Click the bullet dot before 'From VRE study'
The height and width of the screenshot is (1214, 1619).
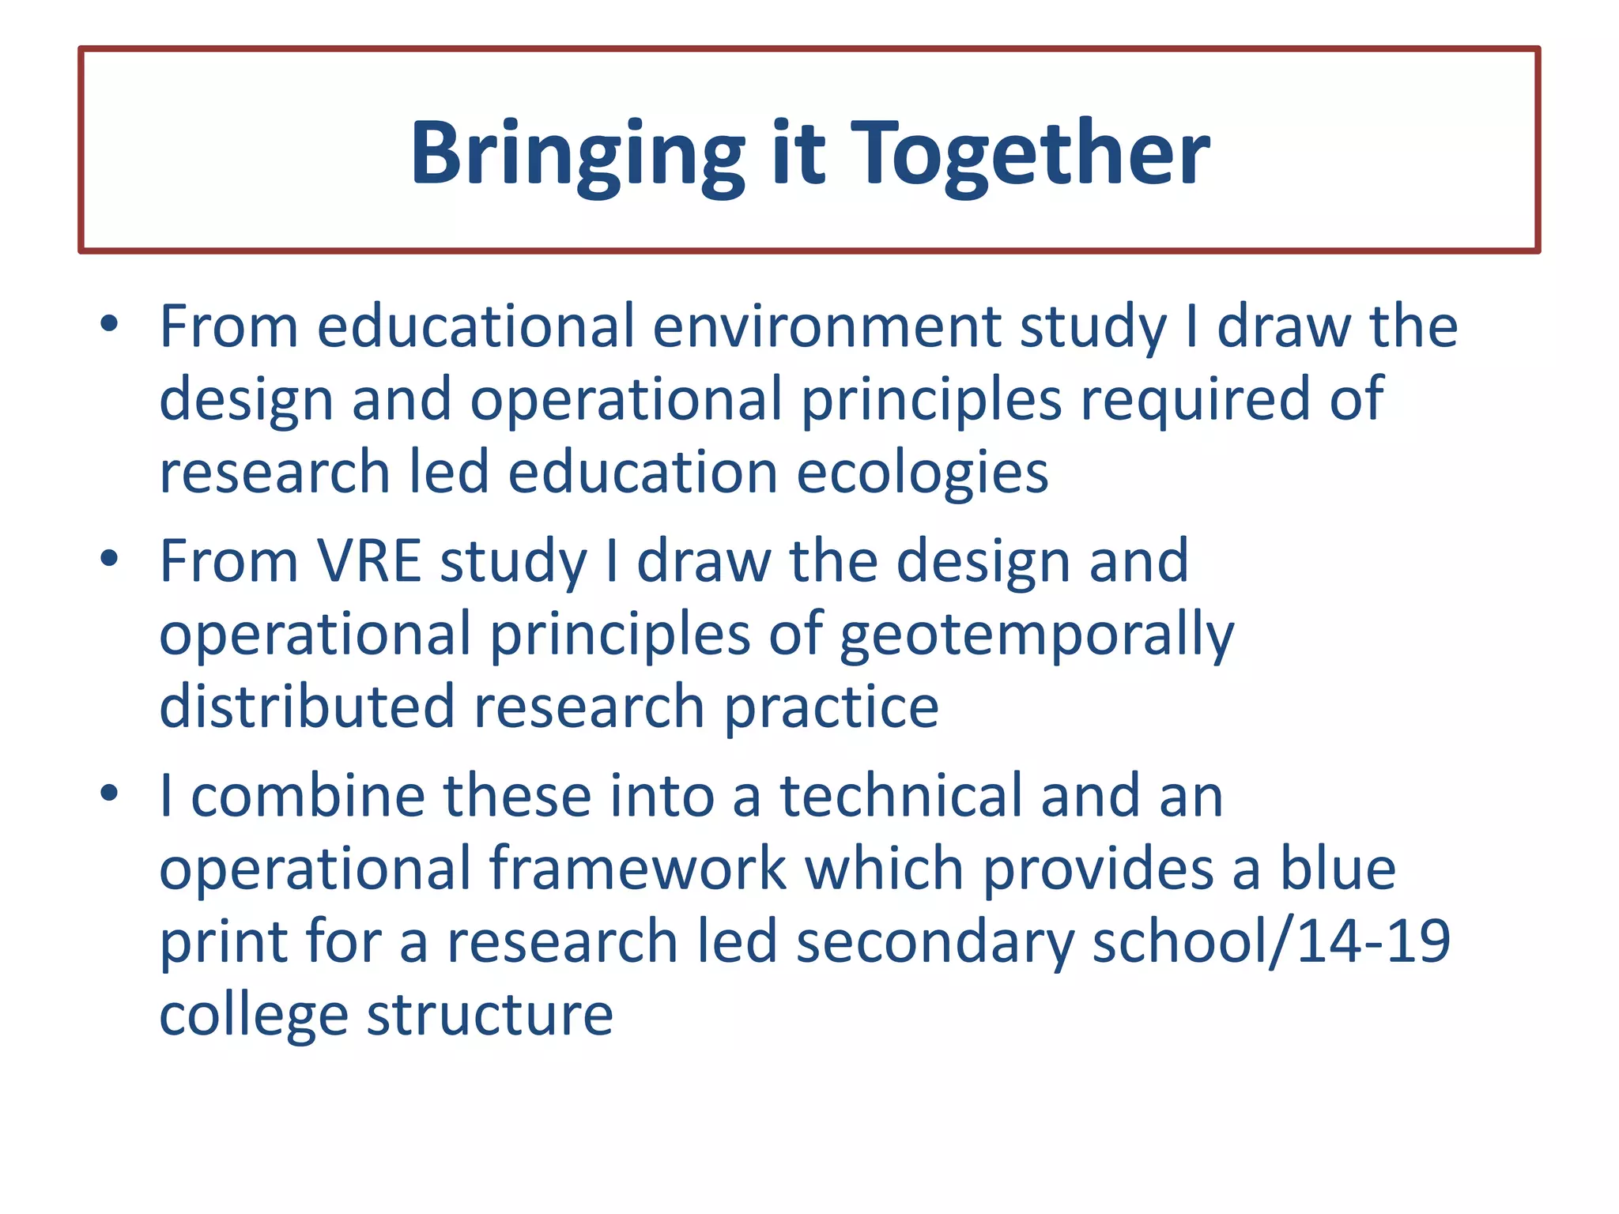pos(109,558)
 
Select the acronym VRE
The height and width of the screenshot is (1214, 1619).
pos(369,561)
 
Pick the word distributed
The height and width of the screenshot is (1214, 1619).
pos(307,707)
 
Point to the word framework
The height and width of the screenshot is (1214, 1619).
pos(637,869)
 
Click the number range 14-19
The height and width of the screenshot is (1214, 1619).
pos(1373,941)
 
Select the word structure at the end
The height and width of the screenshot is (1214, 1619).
pos(490,1016)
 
